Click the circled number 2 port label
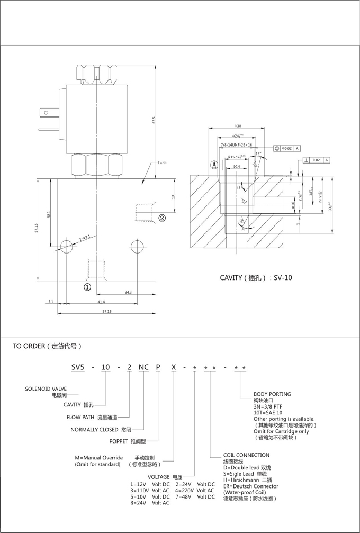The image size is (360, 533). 163,217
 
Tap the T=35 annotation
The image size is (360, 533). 161,162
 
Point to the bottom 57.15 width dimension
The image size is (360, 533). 106,311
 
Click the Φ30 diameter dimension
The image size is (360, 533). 238,126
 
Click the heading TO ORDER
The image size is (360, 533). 48,347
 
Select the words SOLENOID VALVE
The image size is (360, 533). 46,389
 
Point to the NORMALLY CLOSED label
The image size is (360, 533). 101,429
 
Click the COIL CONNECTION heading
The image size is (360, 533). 246,455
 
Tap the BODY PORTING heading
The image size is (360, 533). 272,394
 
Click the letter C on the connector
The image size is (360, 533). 46,113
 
